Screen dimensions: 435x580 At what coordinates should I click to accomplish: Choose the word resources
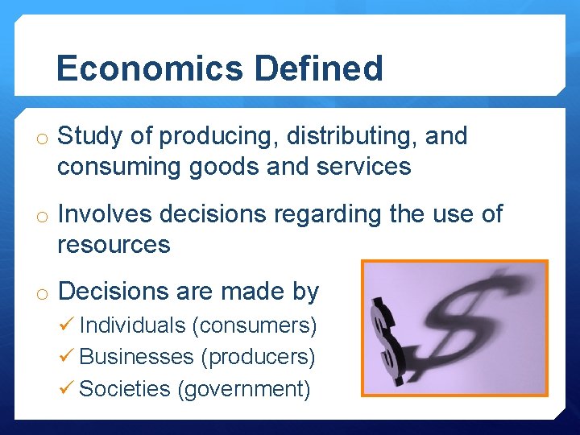pos(114,244)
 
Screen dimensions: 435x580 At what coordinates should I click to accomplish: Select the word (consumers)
pos(254,325)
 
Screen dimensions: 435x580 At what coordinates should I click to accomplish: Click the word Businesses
pos(136,356)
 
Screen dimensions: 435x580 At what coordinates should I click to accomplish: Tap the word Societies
pos(125,388)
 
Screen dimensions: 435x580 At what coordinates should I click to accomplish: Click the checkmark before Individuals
pos(67,325)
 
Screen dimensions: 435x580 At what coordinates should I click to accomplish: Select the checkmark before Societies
pos(67,388)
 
